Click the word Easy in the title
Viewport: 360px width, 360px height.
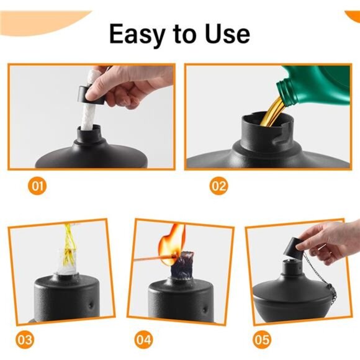pyautogui.click(x=136, y=34)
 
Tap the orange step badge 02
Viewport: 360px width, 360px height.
pyautogui.click(x=218, y=185)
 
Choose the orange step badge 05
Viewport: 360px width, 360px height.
pyautogui.click(x=261, y=340)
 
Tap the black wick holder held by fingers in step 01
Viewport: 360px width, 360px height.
pyautogui.click(x=90, y=93)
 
